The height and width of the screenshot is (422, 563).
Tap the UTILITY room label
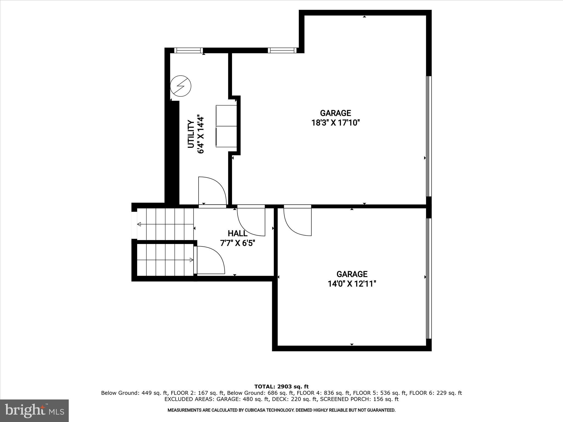(x=191, y=134)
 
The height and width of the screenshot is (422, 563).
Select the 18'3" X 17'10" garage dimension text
(x=335, y=123)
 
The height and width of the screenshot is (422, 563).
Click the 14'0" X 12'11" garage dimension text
(x=352, y=284)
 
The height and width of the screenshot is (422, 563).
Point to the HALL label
(x=238, y=234)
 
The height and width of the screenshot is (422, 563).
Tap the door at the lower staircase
(x=209, y=260)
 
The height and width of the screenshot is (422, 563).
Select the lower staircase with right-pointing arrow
(x=165, y=260)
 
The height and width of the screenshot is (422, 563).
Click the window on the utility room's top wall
(x=189, y=50)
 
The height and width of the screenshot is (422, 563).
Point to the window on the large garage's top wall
(x=282, y=50)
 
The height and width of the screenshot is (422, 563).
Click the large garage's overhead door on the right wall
(x=429, y=136)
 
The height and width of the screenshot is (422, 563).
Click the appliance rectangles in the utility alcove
(x=226, y=126)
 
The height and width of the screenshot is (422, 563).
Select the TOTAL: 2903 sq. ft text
(x=281, y=387)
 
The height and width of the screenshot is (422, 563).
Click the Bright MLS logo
(x=34, y=410)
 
